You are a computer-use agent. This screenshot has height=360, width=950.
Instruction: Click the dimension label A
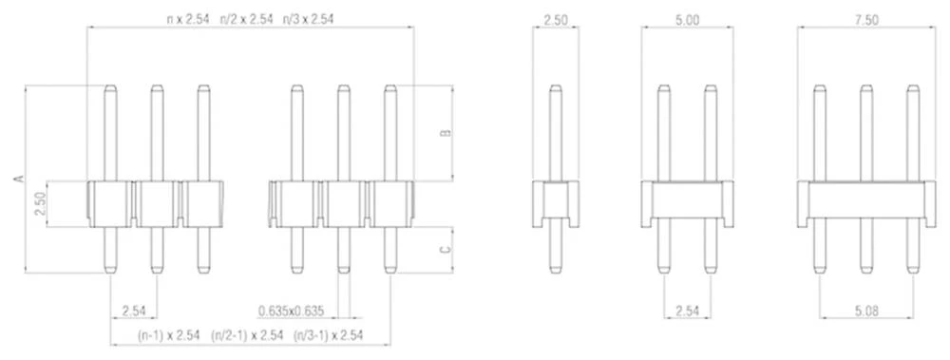point(18,179)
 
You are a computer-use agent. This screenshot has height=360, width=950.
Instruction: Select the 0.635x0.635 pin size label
point(291,312)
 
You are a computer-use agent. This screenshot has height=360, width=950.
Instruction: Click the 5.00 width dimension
point(687,19)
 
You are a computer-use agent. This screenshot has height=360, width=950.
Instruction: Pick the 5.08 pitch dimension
point(866,312)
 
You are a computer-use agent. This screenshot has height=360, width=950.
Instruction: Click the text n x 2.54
point(188,19)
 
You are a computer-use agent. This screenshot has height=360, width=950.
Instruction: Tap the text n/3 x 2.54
point(308,19)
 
